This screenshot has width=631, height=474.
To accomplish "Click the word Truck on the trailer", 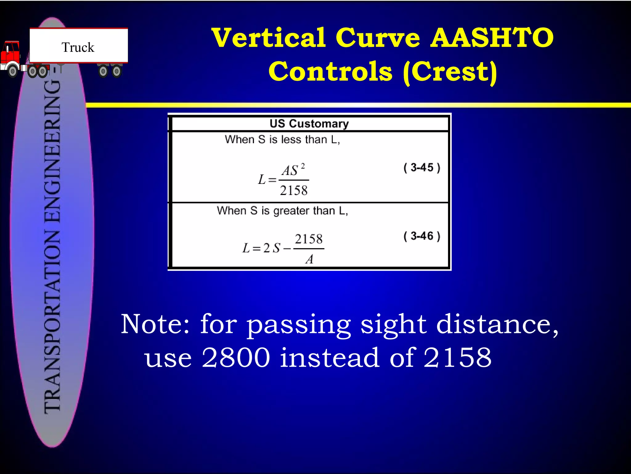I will click(x=78, y=48).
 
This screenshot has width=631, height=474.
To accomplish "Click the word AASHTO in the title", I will click(x=492, y=38).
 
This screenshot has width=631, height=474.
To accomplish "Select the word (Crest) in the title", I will click(x=450, y=72).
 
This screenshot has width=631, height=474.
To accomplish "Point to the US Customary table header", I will click(x=309, y=124).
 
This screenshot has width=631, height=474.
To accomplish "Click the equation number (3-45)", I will click(x=422, y=168).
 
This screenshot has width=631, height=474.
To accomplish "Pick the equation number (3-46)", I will click(x=422, y=236).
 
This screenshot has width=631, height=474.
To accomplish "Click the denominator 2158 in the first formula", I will click(x=294, y=190).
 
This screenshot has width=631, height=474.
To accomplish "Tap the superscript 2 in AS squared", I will click(x=303, y=166).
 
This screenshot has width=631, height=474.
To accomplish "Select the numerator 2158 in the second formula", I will click(x=309, y=239).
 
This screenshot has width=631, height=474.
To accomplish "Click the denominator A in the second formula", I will click(x=309, y=259).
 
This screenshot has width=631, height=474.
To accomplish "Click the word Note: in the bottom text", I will click(x=155, y=324).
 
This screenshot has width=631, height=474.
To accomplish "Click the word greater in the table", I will click(x=291, y=211).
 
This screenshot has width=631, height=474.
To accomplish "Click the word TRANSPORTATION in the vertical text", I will click(x=52, y=321).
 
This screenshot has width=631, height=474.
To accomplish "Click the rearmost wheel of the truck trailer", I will click(x=116, y=72).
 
